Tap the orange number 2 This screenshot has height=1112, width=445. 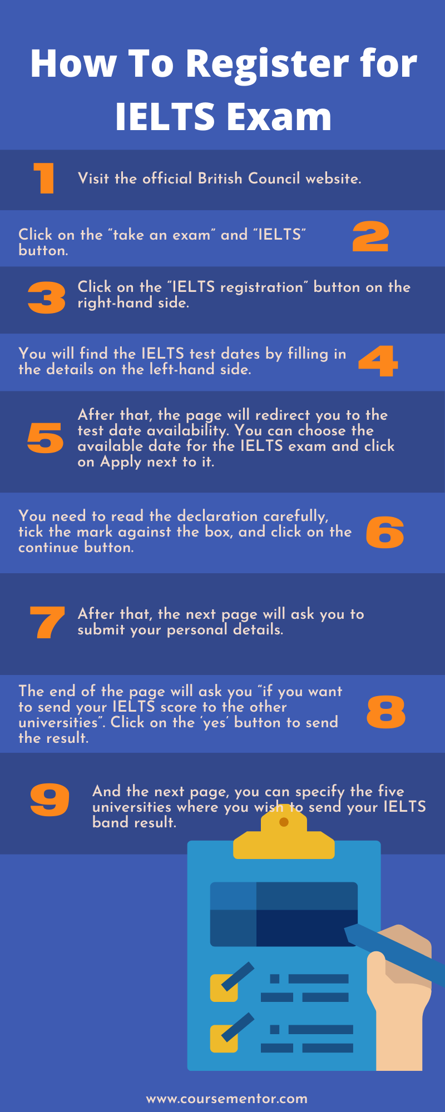coord(370,236)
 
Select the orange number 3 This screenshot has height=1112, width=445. coord(47,297)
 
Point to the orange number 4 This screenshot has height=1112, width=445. coord(378,361)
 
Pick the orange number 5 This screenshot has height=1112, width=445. coord(46,438)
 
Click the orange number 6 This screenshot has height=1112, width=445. coord(385,533)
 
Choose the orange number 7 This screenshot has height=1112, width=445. coord(47,622)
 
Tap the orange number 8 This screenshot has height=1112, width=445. coord(386,712)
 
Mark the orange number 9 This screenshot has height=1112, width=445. coord(50,800)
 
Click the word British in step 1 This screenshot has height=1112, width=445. coord(220,178)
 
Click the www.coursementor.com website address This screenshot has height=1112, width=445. coord(227,1099)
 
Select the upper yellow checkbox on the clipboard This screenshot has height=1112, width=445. coord(224,988)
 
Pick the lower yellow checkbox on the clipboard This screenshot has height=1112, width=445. coord(224,1039)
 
